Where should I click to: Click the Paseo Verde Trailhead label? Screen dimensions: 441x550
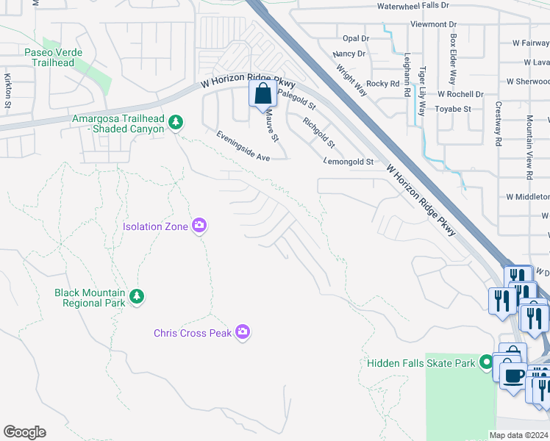click(x=53, y=57)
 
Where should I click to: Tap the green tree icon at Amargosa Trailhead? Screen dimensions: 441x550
click(x=175, y=122)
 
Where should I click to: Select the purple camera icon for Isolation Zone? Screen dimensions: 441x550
click(x=199, y=226)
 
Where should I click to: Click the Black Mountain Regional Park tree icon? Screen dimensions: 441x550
click(x=136, y=296)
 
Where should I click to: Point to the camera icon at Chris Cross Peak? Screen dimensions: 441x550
click(x=243, y=333)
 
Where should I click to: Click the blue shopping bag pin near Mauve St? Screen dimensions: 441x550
click(x=263, y=95)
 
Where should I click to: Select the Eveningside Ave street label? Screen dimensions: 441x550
click(x=243, y=146)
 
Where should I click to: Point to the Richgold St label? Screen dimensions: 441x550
click(x=318, y=132)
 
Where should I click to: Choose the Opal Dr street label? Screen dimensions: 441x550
click(x=355, y=38)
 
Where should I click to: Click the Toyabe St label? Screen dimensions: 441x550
click(x=453, y=109)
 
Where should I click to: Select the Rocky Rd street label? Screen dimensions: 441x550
click(x=382, y=84)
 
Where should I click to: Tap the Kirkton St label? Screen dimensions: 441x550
click(x=7, y=91)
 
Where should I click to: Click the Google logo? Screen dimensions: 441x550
click(x=24, y=432)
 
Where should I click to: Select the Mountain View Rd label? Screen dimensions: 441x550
click(x=529, y=148)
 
